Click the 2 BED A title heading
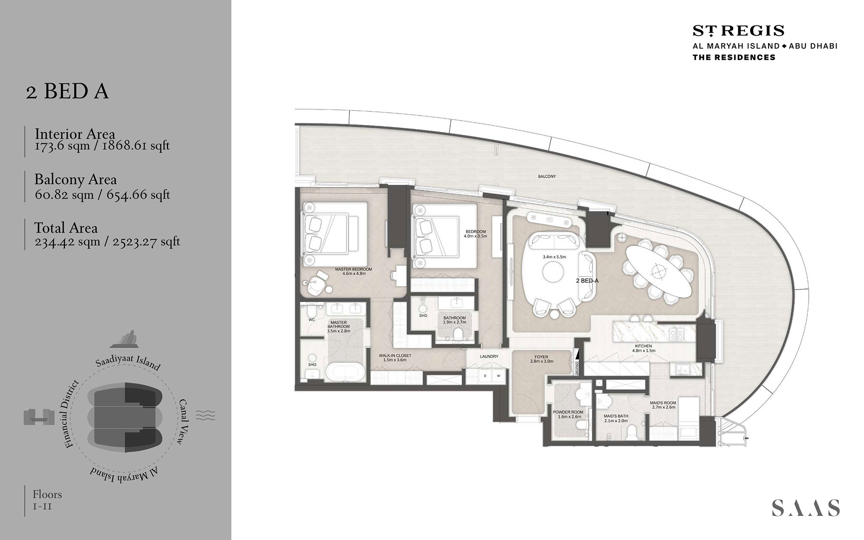(67, 91)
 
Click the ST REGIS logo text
(738, 31)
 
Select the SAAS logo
(805, 507)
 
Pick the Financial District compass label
(72, 414)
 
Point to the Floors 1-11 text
(47, 500)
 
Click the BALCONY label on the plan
(547, 177)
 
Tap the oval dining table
(658, 271)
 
